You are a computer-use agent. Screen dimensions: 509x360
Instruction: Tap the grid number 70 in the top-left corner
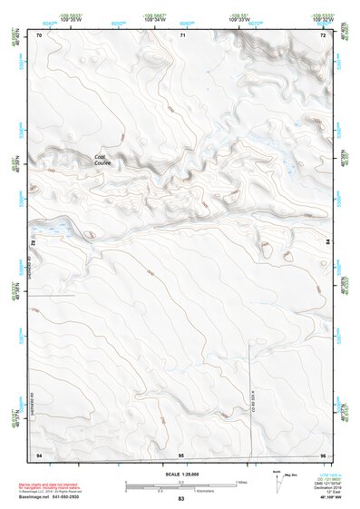pyautogui.click(x=39, y=34)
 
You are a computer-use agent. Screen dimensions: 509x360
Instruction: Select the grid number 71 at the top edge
pyautogui.click(x=182, y=34)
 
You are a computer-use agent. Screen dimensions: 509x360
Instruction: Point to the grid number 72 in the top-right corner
pyautogui.click(x=323, y=34)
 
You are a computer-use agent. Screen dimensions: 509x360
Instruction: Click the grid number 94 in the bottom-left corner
pyautogui.click(x=39, y=454)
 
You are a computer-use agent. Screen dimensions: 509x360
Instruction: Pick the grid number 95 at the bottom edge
pyautogui.click(x=181, y=454)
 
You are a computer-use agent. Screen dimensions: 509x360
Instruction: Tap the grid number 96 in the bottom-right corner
pyautogui.click(x=323, y=454)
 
